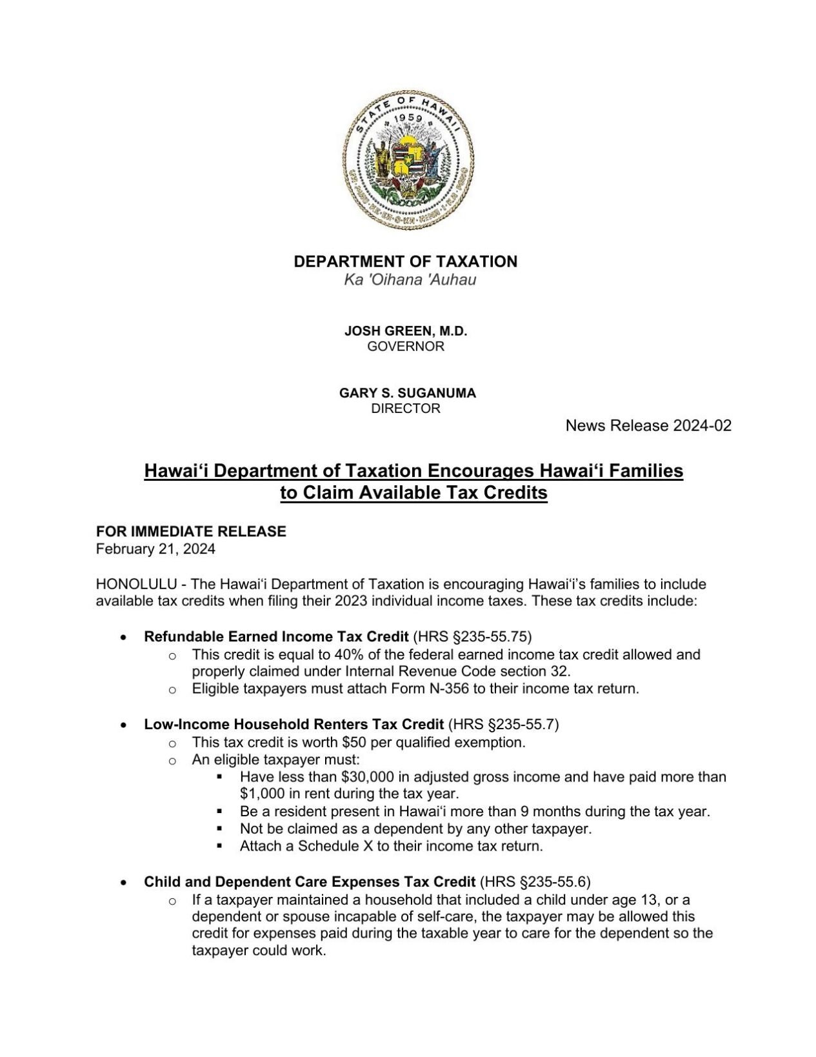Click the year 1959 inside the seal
coord(407,119)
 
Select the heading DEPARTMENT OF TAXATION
coord(405,261)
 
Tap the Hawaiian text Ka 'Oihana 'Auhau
coord(410,280)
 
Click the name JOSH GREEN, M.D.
coord(405,331)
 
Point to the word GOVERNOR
coord(405,347)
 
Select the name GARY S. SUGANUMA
coord(407,393)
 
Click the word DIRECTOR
coord(405,408)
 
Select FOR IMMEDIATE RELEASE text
coord(191,532)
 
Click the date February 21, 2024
coord(155,549)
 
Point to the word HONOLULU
coord(136,585)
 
